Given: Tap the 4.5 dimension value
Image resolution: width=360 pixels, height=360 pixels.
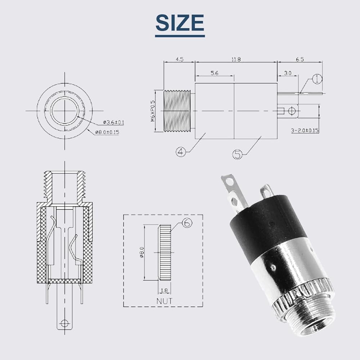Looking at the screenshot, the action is click(180, 59).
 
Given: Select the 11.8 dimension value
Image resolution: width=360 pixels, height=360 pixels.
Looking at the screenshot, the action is click(236, 59).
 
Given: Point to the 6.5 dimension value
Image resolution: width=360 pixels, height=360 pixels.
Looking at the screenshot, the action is click(300, 59).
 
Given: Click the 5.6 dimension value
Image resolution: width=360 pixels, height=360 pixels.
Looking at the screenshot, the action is click(215, 73).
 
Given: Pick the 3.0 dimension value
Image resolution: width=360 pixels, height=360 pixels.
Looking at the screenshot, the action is click(288, 73).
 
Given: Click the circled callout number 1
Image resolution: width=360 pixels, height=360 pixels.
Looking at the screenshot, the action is click(318, 79).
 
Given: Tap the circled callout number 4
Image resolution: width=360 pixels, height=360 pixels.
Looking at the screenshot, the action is click(181, 152).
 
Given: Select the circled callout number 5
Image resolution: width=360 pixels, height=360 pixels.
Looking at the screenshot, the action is click(238, 154).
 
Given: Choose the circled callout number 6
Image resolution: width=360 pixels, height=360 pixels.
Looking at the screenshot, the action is click(187, 223).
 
